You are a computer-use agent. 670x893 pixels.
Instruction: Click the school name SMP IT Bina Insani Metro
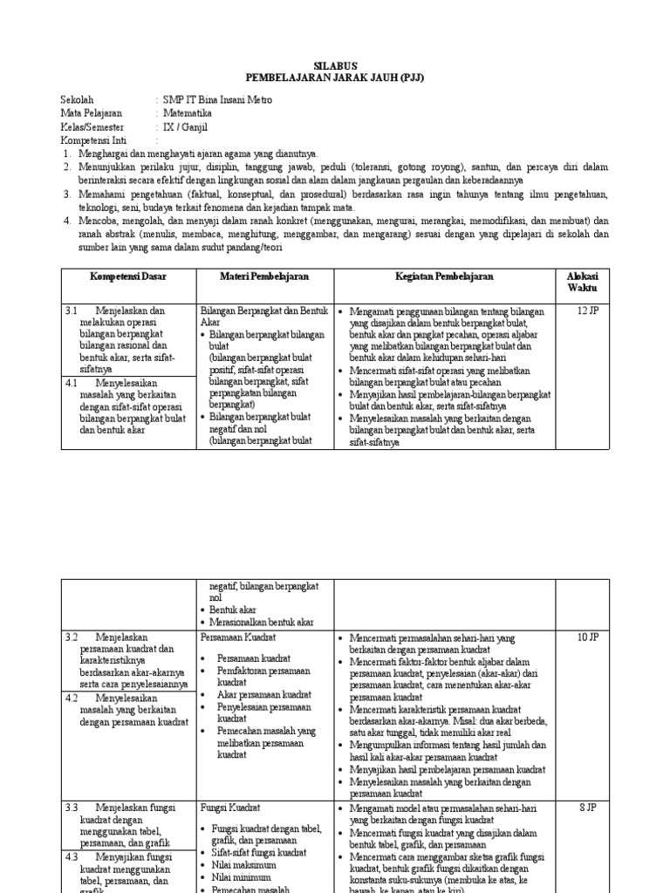click(217, 100)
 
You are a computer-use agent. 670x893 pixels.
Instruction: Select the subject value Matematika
click(193, 113)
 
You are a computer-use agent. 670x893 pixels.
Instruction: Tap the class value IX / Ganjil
click(186, 126)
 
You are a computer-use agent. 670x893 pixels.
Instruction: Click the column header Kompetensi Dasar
click(128, 276)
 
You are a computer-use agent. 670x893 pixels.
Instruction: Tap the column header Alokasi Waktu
click(577, 282)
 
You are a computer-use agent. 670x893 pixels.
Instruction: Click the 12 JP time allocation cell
click(587, 311)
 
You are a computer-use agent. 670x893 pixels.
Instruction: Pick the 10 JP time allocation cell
click(587, 637)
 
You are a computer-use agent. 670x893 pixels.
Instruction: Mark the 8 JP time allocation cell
click(587, 808)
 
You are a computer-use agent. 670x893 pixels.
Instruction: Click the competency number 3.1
click(72, 311)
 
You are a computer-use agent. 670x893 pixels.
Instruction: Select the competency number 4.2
click(72, 699)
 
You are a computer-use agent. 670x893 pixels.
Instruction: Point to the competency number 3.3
click(72, 808)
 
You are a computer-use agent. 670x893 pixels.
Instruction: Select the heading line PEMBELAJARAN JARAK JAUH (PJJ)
click(335, 77)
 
